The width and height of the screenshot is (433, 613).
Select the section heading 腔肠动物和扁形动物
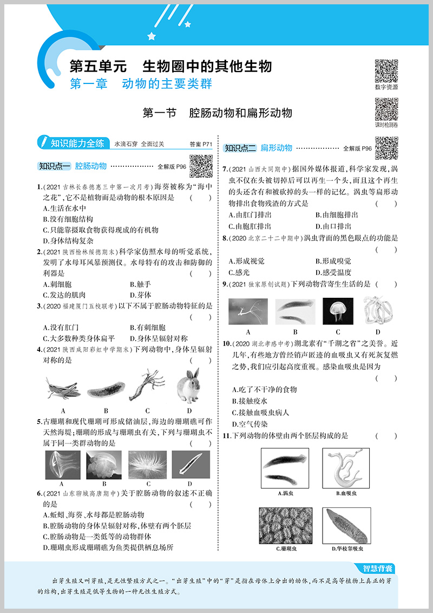coord(241,113)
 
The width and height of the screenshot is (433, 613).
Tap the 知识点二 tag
coord(240,148)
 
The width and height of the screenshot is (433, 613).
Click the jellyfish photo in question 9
coord(338,311)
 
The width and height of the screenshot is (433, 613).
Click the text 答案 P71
coord(202,144)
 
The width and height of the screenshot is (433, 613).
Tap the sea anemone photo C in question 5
coord(147,464)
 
